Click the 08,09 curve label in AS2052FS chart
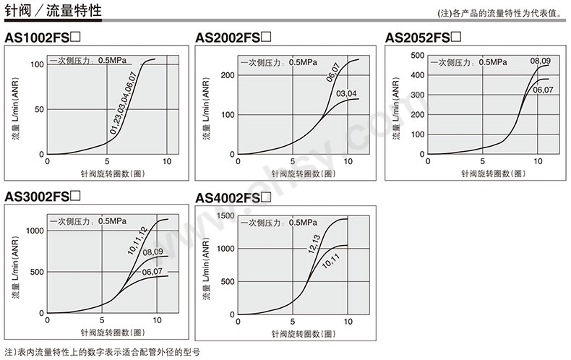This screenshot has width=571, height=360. point(541,61)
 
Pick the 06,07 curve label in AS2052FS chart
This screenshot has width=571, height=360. point(544,90)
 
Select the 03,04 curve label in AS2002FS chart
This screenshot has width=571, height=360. point(347,93)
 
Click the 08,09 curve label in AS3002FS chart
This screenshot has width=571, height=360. point(153,252)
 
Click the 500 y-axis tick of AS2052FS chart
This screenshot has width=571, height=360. point(416,55)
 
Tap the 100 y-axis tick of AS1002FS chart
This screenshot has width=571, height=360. point(38,65)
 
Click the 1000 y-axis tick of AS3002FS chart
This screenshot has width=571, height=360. point(35,231)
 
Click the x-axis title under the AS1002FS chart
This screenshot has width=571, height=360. point(108,173)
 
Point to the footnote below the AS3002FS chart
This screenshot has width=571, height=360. point(101,351)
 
